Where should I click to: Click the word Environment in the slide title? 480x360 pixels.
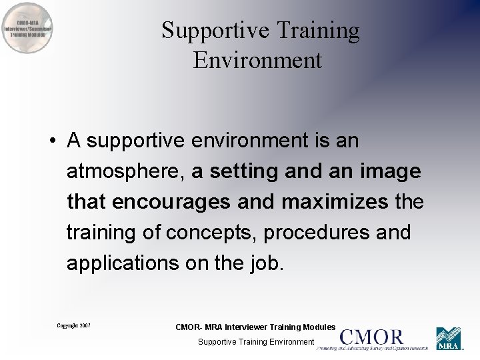click(258, 60)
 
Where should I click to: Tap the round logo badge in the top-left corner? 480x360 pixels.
click(27, 28)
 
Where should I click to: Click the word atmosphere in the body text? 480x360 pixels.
click(126, 172)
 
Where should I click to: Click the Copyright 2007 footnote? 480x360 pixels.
click(73, 326)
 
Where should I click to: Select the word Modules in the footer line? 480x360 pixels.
click(318, 327)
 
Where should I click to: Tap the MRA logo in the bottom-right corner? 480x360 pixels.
click(448, 338)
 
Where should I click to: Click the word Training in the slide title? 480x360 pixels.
click(317, 31)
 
